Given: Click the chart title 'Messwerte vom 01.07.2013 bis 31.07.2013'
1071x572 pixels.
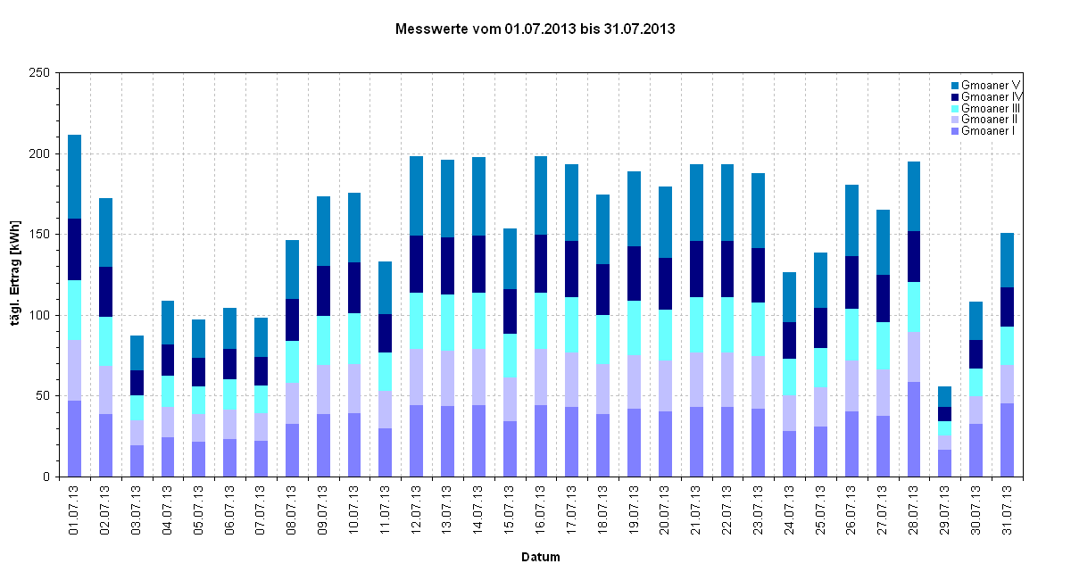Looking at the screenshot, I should (535, 29).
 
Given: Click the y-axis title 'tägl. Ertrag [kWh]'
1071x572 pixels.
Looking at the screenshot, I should (16, 274).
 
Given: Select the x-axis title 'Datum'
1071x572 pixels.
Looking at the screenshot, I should (541, 557).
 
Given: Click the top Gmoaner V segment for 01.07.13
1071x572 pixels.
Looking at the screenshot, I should (75, 177).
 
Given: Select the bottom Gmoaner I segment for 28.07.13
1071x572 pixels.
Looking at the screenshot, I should (913, 429).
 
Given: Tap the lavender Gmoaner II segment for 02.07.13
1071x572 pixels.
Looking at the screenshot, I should (106, 390).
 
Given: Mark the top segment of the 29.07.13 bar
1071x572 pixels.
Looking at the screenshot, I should (944, 396).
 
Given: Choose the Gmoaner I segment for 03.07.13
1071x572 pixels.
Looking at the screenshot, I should (137, 460).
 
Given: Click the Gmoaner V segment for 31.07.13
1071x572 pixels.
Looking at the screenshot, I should (1007, 260).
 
